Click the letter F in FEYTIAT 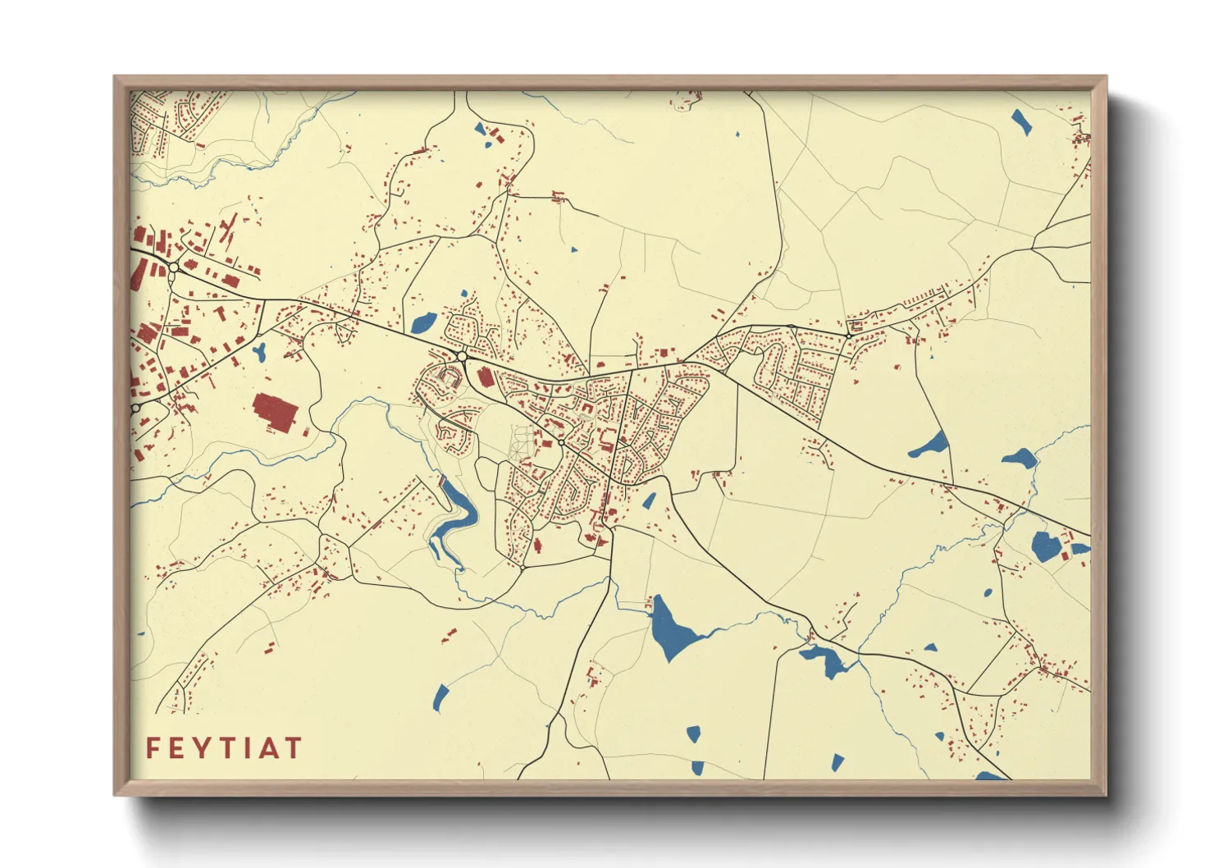coord(153,748)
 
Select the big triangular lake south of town coord(673,627)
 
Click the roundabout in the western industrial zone coord(174,267)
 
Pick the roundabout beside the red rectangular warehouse coord(463,357)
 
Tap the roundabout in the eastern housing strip coord(849,335)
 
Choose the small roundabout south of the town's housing coord(523,566)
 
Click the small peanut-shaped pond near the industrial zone coord(259,354)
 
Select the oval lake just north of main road coord(423,322)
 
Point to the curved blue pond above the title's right coord(440,697)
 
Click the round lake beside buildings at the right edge coord(1044,546)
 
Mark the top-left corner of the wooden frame coord(115,77)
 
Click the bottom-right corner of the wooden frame coord(1106,794)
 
